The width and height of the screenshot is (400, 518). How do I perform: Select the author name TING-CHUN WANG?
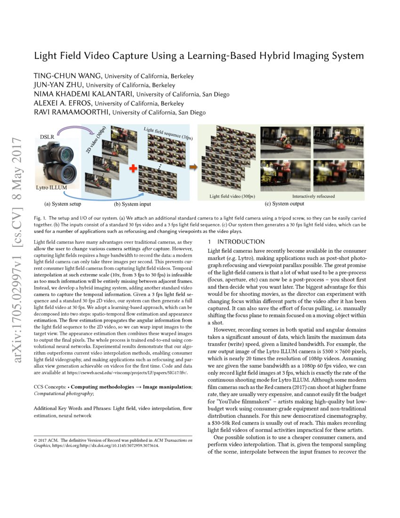pos(68,76)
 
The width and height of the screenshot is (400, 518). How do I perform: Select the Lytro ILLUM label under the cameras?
pos(52,187)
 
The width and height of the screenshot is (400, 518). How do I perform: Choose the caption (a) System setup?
pos(62,204)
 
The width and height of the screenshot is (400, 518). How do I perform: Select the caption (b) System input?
pos(132,204)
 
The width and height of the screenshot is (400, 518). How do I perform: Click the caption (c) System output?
pos(285,204)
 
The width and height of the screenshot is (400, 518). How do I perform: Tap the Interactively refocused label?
pos(313,196)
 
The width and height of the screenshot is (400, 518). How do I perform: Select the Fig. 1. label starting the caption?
pos(40,219)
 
